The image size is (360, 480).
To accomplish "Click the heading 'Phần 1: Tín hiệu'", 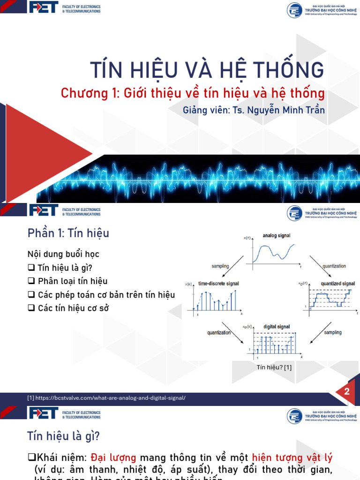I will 68,232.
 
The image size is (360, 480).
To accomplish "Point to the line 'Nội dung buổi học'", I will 63,254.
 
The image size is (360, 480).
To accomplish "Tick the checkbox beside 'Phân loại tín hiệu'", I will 31,281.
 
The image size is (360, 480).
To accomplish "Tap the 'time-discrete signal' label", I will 217,284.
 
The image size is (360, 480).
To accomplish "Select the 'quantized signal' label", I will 337,284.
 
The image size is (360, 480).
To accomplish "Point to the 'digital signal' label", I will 276,326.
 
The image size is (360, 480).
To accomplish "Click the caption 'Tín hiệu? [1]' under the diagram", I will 274,367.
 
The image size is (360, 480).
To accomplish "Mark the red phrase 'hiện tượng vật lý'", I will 292,457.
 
